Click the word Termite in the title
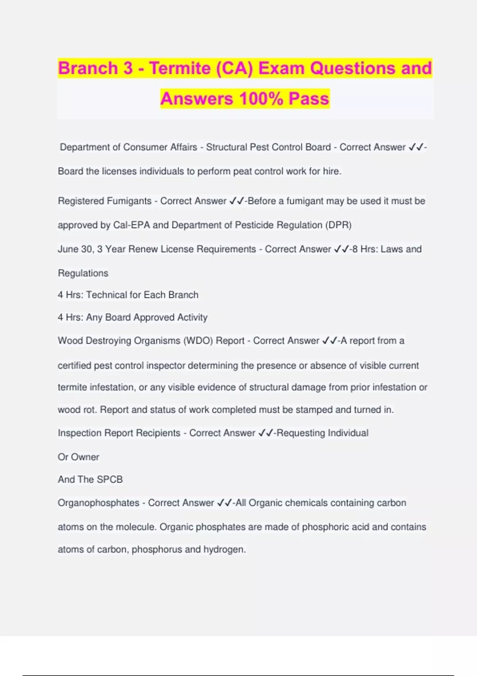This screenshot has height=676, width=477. pyautogui.click(x=180, y=68)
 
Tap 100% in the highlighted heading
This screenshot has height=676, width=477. pyautogui.click(x=260, y=99)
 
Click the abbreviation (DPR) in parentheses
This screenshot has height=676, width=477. pyautogui.click(x=338, y=225)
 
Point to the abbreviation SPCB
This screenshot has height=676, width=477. pyautogui.click(x=110, y=480)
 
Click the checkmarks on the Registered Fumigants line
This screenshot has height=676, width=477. pyautogui.click(x=237, y=201)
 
